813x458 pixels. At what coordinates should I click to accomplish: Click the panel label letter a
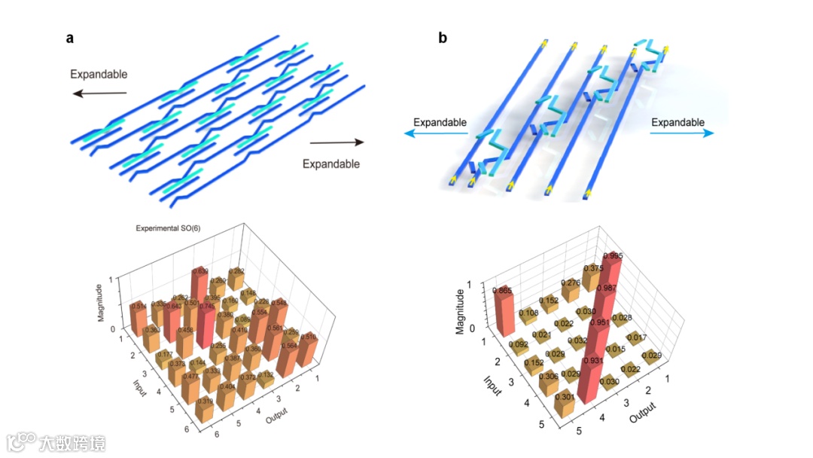coord(69,39)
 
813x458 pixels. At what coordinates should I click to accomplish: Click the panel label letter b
coord(443,38)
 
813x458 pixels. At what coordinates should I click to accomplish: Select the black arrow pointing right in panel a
coord(336,142)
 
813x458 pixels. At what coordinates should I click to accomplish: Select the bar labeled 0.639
coord(199,285)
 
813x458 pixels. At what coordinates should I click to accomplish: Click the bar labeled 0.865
coord(503,311)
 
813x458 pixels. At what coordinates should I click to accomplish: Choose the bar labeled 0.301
coord(565,408)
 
